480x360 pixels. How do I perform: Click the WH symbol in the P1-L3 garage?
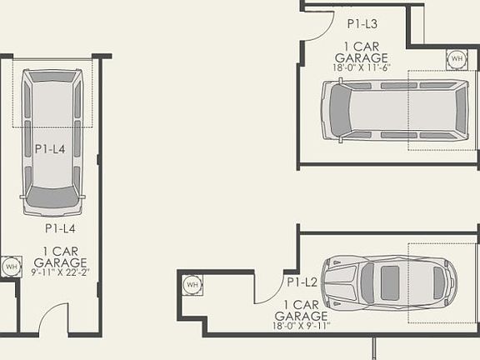(x=456, y=59)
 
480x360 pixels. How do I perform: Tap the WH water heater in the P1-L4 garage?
(x=11, y=267)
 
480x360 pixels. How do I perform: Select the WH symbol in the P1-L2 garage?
(x=192, y=286)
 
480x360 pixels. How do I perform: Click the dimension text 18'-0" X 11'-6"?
(x=360, y=67)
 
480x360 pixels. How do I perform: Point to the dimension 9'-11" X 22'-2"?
(x=61, y=271)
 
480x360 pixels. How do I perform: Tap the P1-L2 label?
(x=302, y=283)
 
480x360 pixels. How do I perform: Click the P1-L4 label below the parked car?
(x=61, y=227)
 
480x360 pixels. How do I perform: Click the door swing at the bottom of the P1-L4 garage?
(x=55, y=320)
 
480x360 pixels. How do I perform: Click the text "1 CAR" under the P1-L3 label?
(x=360, y=47)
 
